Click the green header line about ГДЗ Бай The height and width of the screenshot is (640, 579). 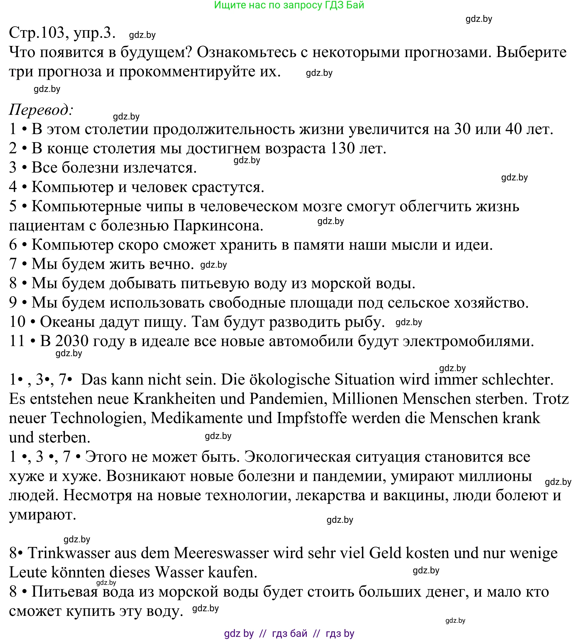click(289, 5)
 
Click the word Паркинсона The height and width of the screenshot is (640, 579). click(218, 226)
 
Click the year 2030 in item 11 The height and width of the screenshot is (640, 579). click(72, 341)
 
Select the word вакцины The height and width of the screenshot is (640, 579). click(416, 496)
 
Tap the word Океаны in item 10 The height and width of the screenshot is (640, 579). click(67, 322)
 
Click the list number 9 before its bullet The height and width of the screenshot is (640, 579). click(13, 303)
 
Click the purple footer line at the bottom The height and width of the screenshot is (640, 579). click(289, 634)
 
